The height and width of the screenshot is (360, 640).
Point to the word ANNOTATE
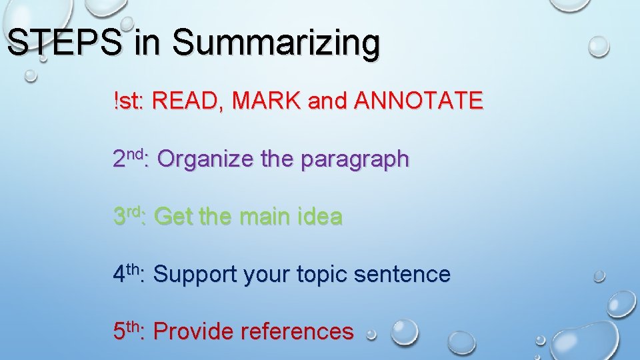pos(418,102)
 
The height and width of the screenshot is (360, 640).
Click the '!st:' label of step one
pos(129,102)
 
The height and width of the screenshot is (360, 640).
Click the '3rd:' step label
pos(131,216)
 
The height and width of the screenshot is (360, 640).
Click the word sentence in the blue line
pos(409,274)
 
